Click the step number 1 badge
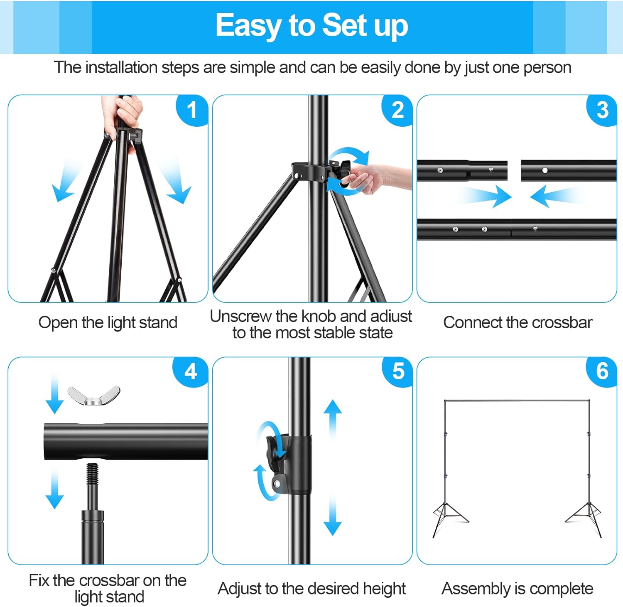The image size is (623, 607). [x=192, y=110]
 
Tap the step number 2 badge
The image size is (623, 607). [x=397, y=110]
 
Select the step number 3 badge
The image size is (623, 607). [x=602, y=110]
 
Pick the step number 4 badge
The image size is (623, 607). [x=191, y=371]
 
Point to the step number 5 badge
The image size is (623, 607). [x=397, y=371]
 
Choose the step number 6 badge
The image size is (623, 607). [x=602, y=371]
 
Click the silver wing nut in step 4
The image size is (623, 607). [x=94, y=396]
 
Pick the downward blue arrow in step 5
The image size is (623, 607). [x=333, y=515]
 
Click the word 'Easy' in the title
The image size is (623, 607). [x=248, y=26]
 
